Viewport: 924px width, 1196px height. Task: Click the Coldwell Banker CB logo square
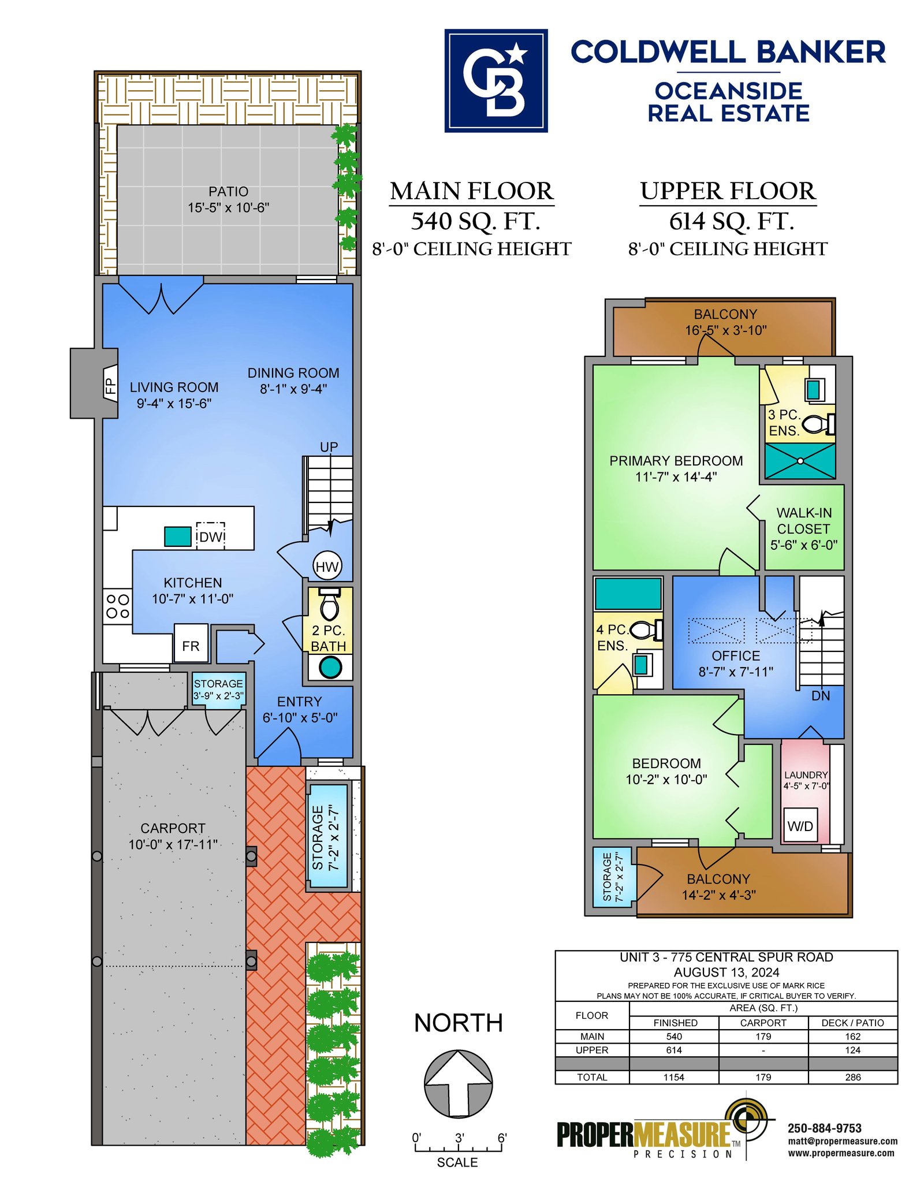pyautogui.click(x=495, y=81)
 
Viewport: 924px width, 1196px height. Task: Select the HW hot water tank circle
pyautogui.click(x=327, y=567)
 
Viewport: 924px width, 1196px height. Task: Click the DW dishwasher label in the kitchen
pyautogui.click(x=211, y=536)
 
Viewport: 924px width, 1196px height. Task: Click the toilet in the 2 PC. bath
pyautogui.click(x=330, y=603)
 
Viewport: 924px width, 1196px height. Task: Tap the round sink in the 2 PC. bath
pyautogui.click(x=330, y=668)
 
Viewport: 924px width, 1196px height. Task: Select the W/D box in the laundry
pyautogui.click(x=800, y=826)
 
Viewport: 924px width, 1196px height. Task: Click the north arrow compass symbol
pyautogui.click(x=459, y=1084)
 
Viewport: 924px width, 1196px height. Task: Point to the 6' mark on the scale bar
pyautogui.click(x=502, y=1138)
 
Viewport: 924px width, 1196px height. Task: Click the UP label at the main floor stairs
pyautogui.click(x=329, y=447)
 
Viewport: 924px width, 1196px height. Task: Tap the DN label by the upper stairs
pyautogui.click(x=821, y=696)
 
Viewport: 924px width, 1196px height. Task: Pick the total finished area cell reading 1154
pyautogui.click(x=673, y=1077)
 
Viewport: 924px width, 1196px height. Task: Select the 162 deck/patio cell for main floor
pyautogui.click(x=852, y=1037)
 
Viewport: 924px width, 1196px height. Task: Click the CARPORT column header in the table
pyautogui.click(x=763, y=1023)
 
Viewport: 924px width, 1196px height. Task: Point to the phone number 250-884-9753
pyautogui.click(x=824, y=1128)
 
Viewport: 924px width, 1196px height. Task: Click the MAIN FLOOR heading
pyautogui.click(x=472, y=191)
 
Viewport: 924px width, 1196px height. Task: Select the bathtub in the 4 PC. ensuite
pyautogui.click(x=628, y=593)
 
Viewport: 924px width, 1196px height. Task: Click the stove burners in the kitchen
pyautogui.click(x=118, y=606)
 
